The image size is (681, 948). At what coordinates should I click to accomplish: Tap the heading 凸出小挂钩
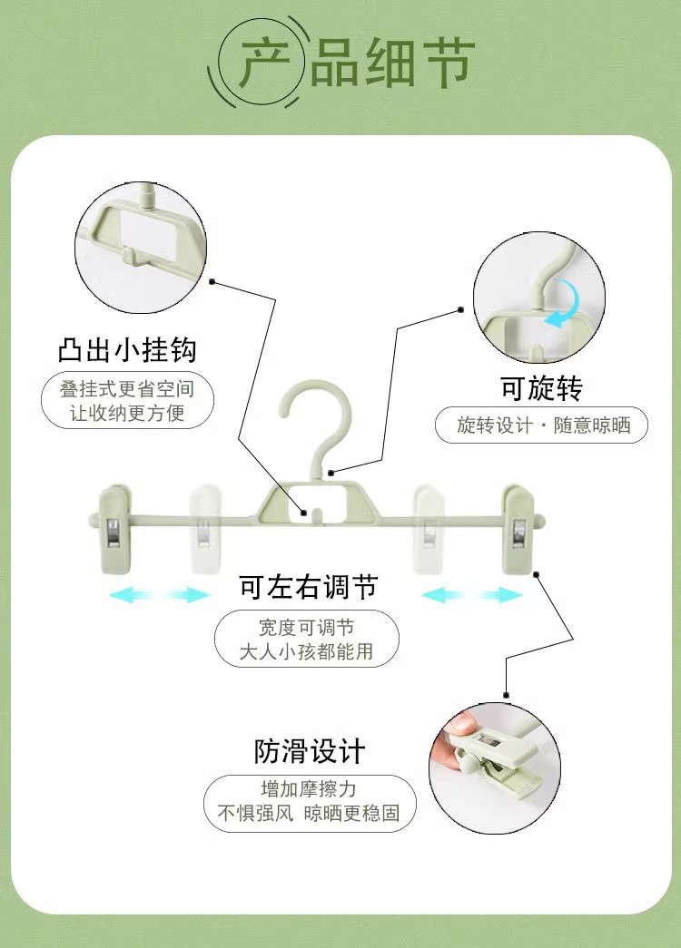click(127, 349)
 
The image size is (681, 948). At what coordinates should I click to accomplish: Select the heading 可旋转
click(541, 388)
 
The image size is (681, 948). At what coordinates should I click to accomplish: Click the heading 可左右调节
click(308, 587)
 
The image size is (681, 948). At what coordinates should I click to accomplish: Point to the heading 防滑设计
click(309, 750)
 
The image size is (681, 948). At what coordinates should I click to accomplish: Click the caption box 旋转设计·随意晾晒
click(542, 425)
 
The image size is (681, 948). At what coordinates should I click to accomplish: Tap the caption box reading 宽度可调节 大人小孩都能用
click(307, 639)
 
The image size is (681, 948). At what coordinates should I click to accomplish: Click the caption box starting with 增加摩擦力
click(309, 801)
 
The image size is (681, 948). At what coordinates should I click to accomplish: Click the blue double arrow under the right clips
click(472, 595)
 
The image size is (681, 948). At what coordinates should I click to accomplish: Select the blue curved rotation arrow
click(560, 305)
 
